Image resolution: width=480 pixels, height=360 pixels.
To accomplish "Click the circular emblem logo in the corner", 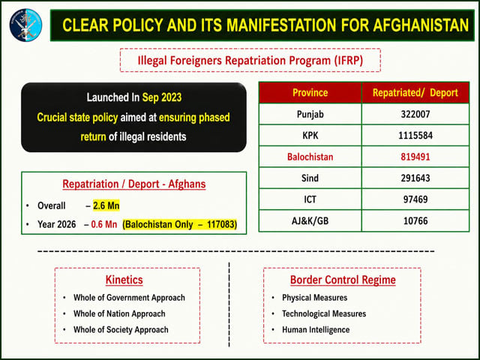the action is tap(25, 25).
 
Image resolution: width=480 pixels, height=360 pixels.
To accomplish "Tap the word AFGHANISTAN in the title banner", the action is tap(421, 25).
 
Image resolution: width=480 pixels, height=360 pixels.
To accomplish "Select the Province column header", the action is tap(310, 92).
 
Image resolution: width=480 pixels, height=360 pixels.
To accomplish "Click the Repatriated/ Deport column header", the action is tap(415, 93).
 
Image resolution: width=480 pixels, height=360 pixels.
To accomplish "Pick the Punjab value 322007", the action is tap(415, 114).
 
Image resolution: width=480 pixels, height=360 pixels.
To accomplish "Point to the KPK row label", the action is tap(310, 135).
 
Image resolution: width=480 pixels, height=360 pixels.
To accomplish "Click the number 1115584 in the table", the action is tap(415, 135).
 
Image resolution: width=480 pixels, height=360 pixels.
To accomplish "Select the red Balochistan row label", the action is tap(310, 157).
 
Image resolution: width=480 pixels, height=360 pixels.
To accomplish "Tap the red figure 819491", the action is tap(415, 157).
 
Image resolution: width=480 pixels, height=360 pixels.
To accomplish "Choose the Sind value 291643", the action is tap(415, 178).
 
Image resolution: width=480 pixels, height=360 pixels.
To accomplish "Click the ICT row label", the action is tap(310, 199).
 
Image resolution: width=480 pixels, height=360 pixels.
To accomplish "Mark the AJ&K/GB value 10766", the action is tap(415, 220).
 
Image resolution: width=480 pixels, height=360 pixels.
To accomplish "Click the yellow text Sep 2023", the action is tap(162, 97).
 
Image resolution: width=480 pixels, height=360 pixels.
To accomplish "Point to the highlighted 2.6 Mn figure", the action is tap(106, 205).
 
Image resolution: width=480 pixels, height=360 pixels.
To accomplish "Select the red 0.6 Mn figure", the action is tap(104, 224).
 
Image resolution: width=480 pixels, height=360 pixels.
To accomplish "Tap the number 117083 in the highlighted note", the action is tap(222, 224).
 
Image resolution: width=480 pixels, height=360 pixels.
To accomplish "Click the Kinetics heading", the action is tap(124, 280).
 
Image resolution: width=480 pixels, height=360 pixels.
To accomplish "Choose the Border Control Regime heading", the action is tap(343, 280).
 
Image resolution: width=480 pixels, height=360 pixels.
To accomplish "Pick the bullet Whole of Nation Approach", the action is tap(119, 313).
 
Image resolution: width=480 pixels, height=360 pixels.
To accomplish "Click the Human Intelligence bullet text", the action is tap(316, 330).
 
